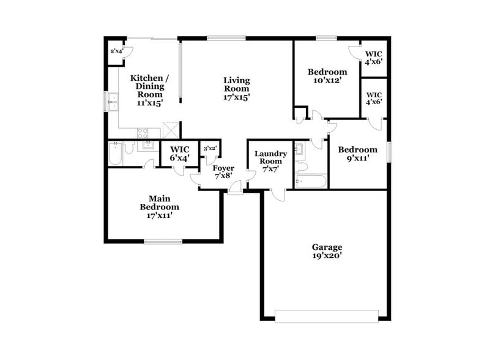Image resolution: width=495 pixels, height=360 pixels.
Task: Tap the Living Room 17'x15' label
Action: pyautogui.click(x=236, y=89)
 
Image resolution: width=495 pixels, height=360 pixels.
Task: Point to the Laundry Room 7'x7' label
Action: pyautogui.click(x=270, y=161)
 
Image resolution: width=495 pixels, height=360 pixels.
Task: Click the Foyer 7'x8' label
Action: pyautogui.click(x=223, y=171)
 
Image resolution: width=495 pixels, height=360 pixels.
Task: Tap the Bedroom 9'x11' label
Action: pyautogui.click(x=357, y=154)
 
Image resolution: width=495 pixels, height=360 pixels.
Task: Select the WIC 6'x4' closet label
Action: pyautogui.click(x=180, y=153)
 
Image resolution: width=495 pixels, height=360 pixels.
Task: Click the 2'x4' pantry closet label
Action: pyautogui.click(x=116, y=51)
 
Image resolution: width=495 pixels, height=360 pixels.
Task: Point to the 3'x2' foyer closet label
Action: pyautogui.click(x=209, y=148)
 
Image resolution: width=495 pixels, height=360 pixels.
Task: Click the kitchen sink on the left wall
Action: pyautogui.click(x=113, y=102)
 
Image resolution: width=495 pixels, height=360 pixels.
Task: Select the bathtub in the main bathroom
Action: pyautogui.click(x=114, y=155)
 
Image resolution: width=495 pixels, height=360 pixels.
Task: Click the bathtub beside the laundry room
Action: pyautogui.click(x=311, y=181)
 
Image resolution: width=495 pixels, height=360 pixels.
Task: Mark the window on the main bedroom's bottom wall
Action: pyautogui.click(x=163, y=241)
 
